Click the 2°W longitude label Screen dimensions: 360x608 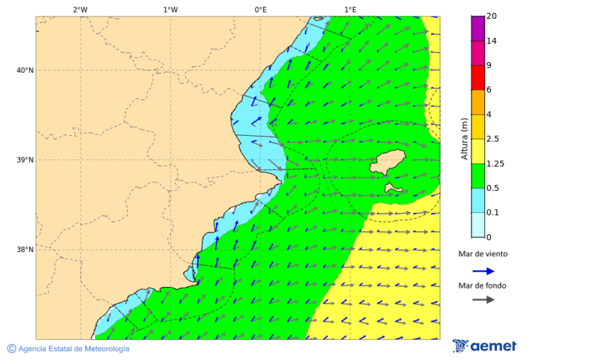pyautogui.click(x=80, y=9)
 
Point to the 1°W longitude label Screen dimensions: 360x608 pyautogui.click(x=170, y=9)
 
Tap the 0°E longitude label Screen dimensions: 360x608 pyautogui.click(x=260, y=9)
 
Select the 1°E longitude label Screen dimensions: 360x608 pyautogui.click(x=350, y=9)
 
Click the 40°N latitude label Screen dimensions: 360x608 pyautogui.click(x=25, y=70)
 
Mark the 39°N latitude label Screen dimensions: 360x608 pyautogui.click(x=25, y=160)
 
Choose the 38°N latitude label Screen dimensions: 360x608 pyautogui.click(x=25, y=249)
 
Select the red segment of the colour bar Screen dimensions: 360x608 pyautogui.click(x=478, y=78)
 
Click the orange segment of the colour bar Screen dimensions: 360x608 pyautogui.click(x=478, y=102)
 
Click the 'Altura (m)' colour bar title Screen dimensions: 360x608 pyautogui.click(x=464, y=138)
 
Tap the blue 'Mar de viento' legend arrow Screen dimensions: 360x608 pyautogui.click(x=483, y=271)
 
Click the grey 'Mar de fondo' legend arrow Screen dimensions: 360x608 pyautogui.click(x=483, y=300)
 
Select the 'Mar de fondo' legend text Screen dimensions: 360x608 pyautogui.click(x=482, y=286)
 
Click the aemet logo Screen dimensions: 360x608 pyautogui.click(x=484, y=346)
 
